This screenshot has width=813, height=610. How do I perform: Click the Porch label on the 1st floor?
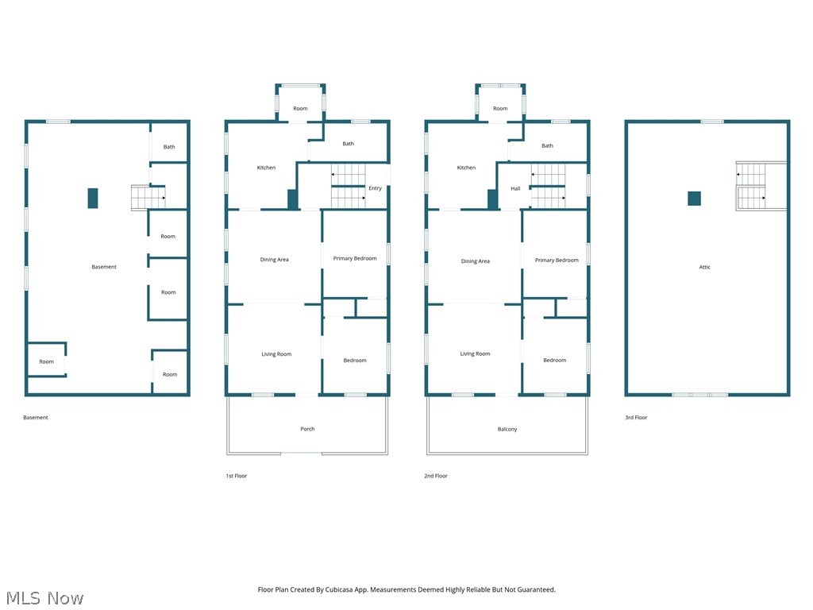tap(307, 429)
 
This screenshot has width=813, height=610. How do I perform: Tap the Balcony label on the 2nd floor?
tap(507, 429)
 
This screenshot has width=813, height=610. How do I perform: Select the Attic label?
tap(704, 267)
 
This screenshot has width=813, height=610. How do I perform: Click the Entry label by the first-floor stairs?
tap(375, 188)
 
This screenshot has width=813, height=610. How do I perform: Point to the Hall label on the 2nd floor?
tap(515, 188)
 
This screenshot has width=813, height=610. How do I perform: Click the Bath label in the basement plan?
tap(169, 147)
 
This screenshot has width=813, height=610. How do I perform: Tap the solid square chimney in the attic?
tap(694, 199)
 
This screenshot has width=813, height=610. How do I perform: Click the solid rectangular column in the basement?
tap(93, 198)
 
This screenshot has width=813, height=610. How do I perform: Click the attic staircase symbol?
tap(751, 187)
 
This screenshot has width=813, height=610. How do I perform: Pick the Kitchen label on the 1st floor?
tap(266, 168)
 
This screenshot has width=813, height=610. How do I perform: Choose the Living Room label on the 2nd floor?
tap(475, 354)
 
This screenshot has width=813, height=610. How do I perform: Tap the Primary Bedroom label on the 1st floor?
tap(355, 259)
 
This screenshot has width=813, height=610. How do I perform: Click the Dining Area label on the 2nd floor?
tap(475, 261)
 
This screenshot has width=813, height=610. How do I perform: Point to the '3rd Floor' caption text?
tap(636, 417)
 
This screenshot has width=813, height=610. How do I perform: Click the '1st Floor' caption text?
tap(236, 476)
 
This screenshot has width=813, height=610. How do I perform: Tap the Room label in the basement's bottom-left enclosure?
tap(47, 361)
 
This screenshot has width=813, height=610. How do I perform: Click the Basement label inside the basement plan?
tap(103, 267)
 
